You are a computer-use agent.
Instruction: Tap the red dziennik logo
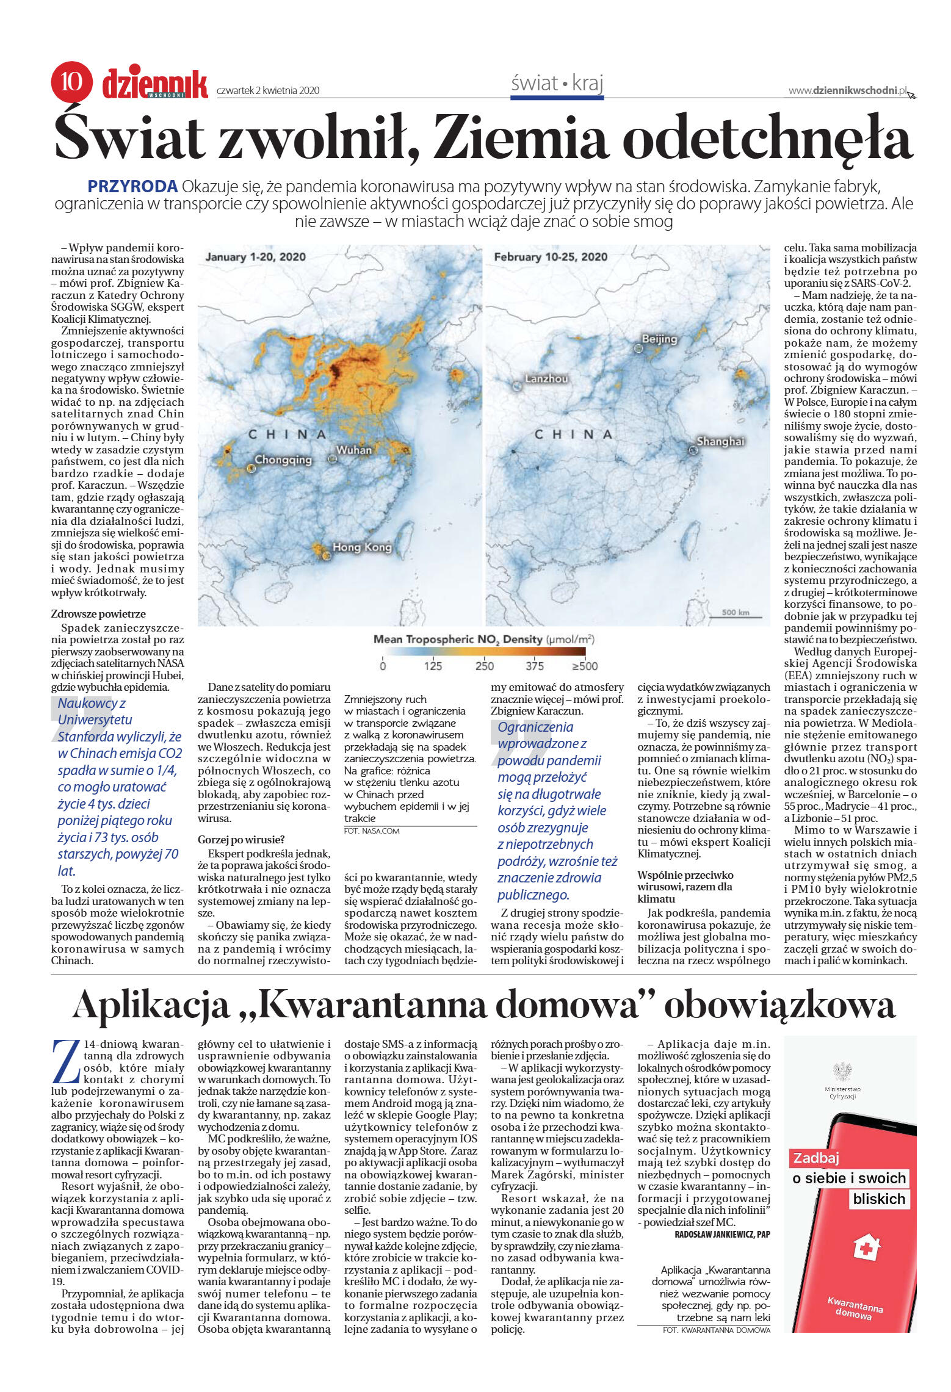click(155, 84)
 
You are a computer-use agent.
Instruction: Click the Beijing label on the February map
click(659, 339)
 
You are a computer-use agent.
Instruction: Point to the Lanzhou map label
click(546, 378)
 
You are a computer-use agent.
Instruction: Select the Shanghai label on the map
click(720, 441)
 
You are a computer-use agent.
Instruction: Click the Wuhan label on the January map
click(354, 450)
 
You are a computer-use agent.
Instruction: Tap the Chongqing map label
click(283, 460)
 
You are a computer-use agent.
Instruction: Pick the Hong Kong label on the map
click(362, 547)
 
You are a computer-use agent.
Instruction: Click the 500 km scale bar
click(735, 613)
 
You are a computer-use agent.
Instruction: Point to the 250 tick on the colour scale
click(484, 665)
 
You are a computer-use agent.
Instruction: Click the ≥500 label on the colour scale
click(584, 665)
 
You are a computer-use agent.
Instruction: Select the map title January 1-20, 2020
click(255, 257)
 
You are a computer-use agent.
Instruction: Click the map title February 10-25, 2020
click(551, 257)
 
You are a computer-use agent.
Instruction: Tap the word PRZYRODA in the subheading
click(132, 187)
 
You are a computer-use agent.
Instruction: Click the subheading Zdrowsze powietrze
click(98, 614)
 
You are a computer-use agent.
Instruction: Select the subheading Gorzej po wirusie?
click(241, 840)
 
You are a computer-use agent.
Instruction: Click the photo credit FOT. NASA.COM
click(372, 831)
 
